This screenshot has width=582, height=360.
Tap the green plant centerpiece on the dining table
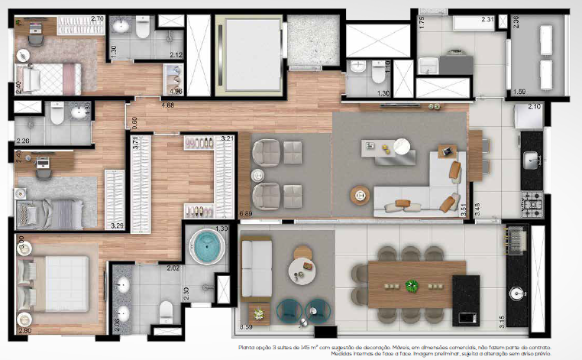(x=412, y=287)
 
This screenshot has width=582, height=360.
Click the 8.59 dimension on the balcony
(x=245, y=327)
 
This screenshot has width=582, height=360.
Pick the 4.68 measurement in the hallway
(x=167, y=105)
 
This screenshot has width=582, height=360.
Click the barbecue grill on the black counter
(x=514, y=236)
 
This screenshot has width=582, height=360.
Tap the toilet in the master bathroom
(x=166, y=310)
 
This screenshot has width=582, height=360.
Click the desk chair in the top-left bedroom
(x=37, y=30)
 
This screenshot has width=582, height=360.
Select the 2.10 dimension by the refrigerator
(x=534, y=106)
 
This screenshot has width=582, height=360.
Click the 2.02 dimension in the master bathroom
(x=173, y=268)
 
